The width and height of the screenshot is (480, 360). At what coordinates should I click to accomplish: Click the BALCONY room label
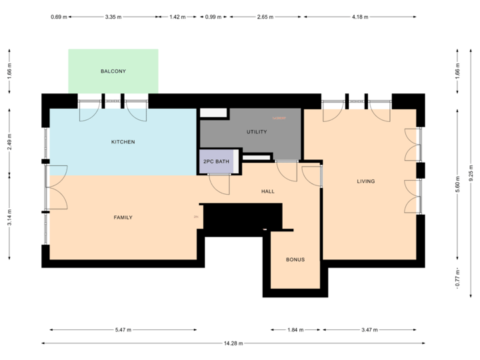click(113, 71)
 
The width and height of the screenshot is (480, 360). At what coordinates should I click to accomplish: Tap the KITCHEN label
click(123, 142)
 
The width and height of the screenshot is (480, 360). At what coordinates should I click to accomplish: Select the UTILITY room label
click(257, 132)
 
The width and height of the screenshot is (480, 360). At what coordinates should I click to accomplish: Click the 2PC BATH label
click(217, 161)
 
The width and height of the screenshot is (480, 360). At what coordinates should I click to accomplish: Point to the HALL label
click(268, 191)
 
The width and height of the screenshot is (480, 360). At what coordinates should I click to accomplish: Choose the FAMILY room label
click(123, 217)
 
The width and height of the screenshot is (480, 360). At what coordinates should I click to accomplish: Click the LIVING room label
click(366, 181)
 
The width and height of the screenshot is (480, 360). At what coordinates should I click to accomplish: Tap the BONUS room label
click(295, 259)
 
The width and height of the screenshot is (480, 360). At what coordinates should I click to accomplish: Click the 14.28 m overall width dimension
click(233, 343)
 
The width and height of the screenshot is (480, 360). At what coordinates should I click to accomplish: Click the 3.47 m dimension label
click(369, 329)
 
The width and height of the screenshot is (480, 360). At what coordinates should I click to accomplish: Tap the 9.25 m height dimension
click(471, 173)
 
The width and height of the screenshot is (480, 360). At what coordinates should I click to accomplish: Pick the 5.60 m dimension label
click(457, 183)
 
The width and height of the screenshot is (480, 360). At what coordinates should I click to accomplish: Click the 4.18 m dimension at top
click(359, 17)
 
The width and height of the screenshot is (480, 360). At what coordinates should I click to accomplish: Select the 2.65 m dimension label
click(265, 17)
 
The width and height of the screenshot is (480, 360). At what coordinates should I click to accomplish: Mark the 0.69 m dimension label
click(59, 17)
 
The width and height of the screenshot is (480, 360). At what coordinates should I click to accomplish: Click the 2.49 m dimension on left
click(9, 143)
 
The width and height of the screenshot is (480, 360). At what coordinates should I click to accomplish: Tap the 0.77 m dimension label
click(457, 278)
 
